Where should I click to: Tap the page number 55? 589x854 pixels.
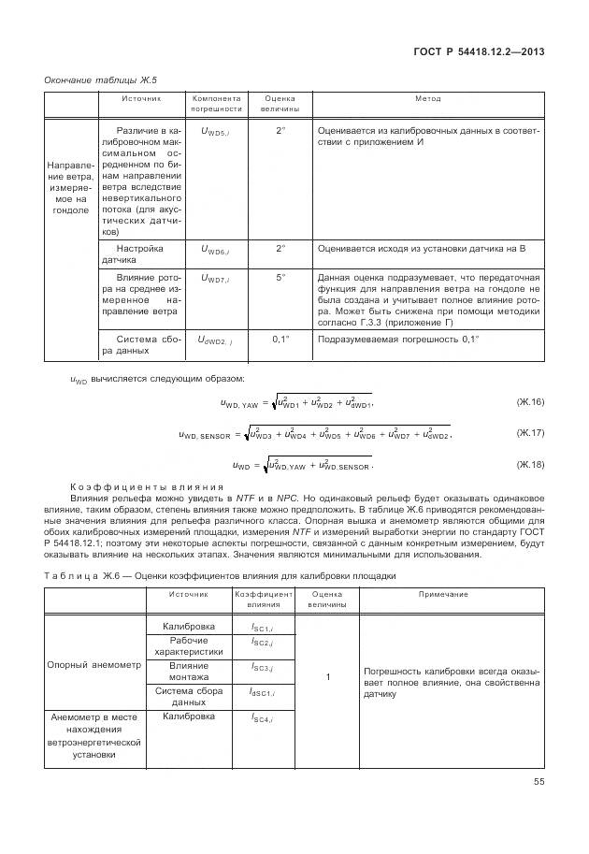coord(537,781)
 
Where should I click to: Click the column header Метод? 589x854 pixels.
coord(428,98)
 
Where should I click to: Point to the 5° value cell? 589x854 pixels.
coord(280,278)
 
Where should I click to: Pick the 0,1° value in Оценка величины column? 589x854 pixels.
coord(281,339)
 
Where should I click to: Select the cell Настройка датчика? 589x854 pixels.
coord(140,254)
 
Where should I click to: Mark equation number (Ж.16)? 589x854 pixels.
coord(529,401)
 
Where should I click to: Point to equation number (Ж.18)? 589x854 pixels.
coord(529,464)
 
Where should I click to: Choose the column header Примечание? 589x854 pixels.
coord(443,594)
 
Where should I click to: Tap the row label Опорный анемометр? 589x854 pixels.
coord(93,665)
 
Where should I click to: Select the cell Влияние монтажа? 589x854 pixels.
coord(188,671)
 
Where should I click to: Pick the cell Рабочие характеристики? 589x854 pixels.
coord(188,645)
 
